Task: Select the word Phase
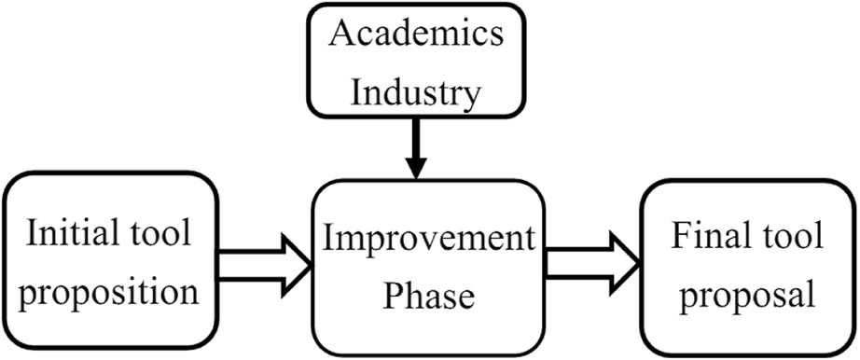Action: pos(429,297)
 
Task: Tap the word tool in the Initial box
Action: pos(160,233)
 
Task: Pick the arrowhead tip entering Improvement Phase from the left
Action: pos(310,264)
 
